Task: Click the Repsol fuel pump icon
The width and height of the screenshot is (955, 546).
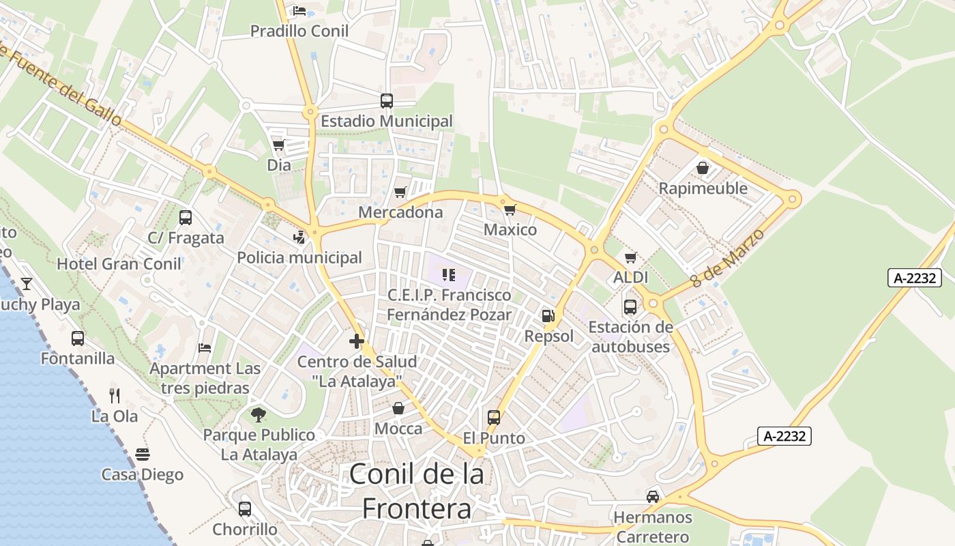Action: [x=548, y=316]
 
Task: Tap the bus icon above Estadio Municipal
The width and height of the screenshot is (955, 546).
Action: [x=387, y=101]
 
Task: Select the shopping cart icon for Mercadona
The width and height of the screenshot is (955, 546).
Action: [x=400, y=192]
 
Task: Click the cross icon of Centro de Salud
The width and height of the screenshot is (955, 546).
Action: [x=357, y=341]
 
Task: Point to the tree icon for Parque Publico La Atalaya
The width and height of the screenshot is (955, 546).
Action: [x=259, y=414]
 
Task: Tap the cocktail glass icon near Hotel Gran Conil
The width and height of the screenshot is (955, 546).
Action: [x=27, y=284]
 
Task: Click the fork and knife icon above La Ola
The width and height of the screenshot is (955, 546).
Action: [x=115, y=395]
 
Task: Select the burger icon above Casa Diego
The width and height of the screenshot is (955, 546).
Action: [x=143, y=454]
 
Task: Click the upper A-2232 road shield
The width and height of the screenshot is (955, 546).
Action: [x=914, y=278]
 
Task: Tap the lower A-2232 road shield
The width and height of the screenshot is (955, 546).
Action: [x=784, y=436]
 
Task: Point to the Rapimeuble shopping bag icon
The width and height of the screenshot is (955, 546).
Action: [x=703, y=168]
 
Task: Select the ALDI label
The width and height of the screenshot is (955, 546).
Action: [x=631, y=278]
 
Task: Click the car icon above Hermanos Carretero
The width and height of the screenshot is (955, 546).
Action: [x=653, y=496]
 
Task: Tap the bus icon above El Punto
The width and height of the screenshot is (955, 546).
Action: [x=494, y=417]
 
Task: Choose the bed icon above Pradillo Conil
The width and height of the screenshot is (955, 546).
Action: [x=299, y=10]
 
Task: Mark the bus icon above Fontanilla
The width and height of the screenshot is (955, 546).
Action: [x=78, y=338]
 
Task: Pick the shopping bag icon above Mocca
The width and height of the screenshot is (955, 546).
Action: [x=398, y=408]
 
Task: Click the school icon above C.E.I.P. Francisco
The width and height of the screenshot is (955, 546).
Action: [x=448, y=274]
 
